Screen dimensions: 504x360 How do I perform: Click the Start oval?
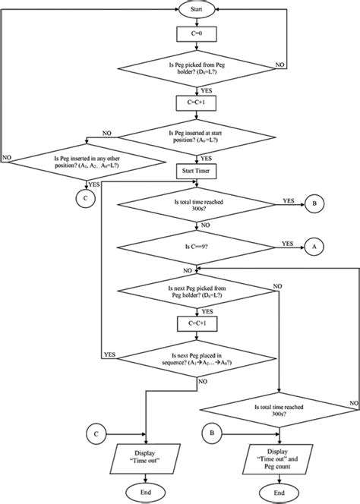(x=195, y=11)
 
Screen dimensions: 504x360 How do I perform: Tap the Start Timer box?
(x=197, y=172)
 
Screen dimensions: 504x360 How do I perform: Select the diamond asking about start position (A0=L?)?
(x=197, y=139)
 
